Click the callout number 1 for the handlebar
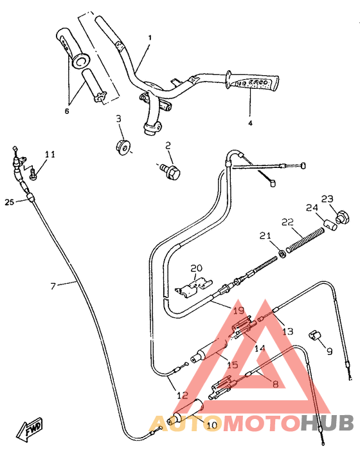150,38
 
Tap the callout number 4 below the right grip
251,122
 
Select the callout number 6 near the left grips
67,111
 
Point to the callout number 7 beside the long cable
53,286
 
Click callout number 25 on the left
9,202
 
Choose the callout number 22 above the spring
287,222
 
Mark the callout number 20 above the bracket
195,267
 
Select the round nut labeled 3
122,147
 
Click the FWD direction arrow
30,429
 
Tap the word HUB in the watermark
327,423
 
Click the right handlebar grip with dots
255,82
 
